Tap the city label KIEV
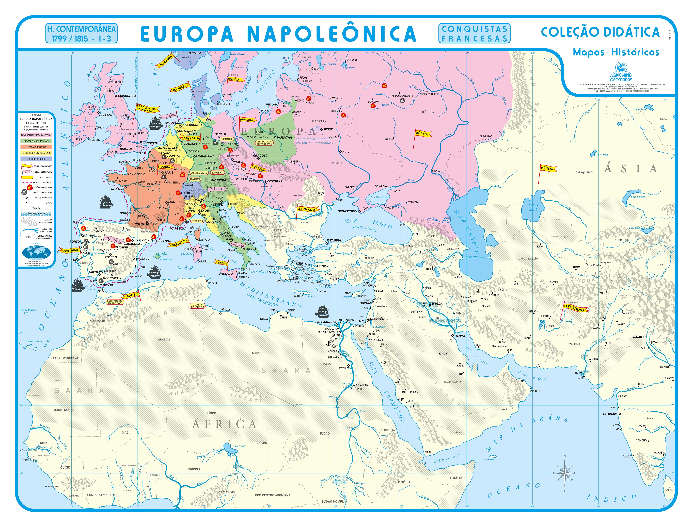click(x=346, y=152)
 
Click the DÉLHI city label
click(x=637, y=337)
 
